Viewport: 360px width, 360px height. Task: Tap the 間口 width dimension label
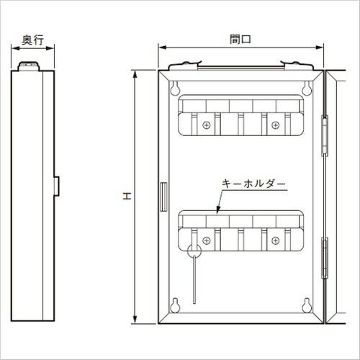240,40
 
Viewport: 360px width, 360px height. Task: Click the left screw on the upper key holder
207,125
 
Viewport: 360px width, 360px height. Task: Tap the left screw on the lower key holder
207,240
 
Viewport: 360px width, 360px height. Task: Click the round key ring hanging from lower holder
194,251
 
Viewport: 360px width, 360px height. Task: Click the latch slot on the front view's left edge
161,195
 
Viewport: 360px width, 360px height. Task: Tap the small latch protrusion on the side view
57,185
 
